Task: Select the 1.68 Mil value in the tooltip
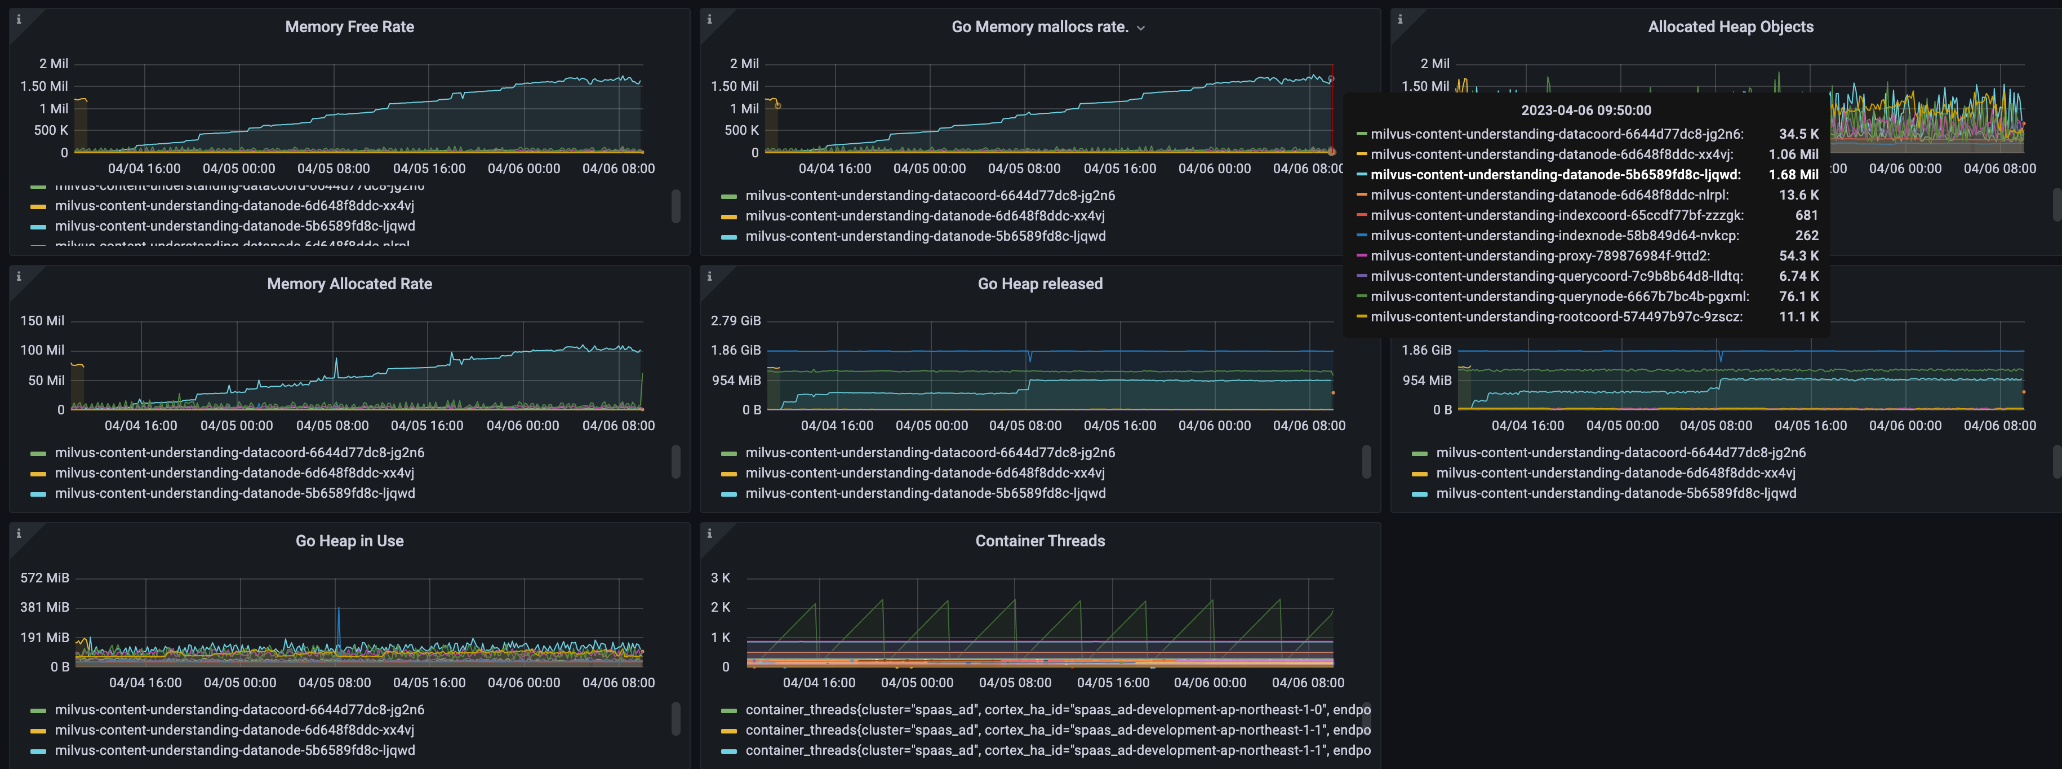(x=1793, y=175)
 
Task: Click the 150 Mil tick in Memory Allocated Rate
(x=42, y=320)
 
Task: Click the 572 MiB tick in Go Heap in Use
(x=45, y=577)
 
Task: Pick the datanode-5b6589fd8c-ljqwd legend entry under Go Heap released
(x=925, y=493)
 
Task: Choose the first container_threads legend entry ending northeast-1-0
(x=1056, y=710)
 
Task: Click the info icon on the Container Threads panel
(x=709, y=533)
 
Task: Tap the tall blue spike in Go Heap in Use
(x=338, y=621)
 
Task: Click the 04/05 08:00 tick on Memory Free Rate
(x=333, y=168)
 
